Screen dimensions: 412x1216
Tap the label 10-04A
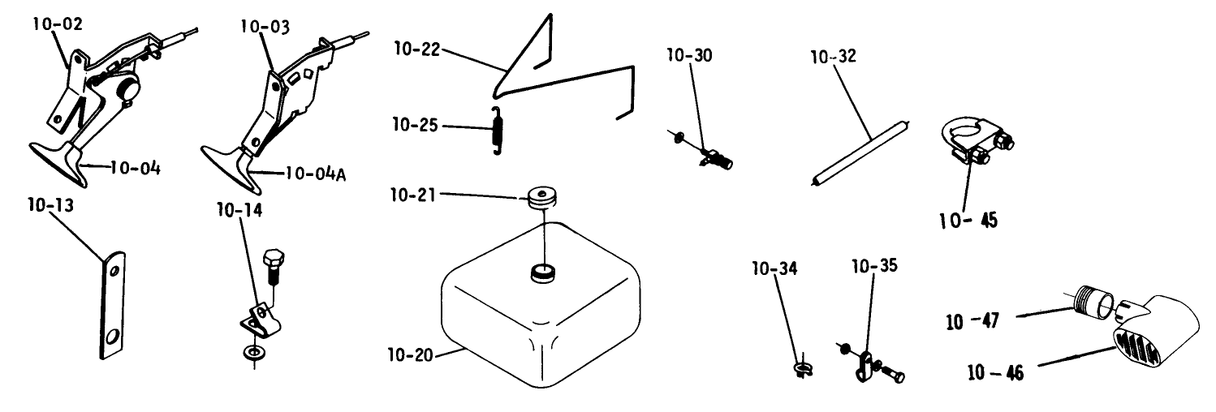pyautogui.click(x=316, y=174)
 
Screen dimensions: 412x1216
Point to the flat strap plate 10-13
pyautogui.click(x=113, y=307)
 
